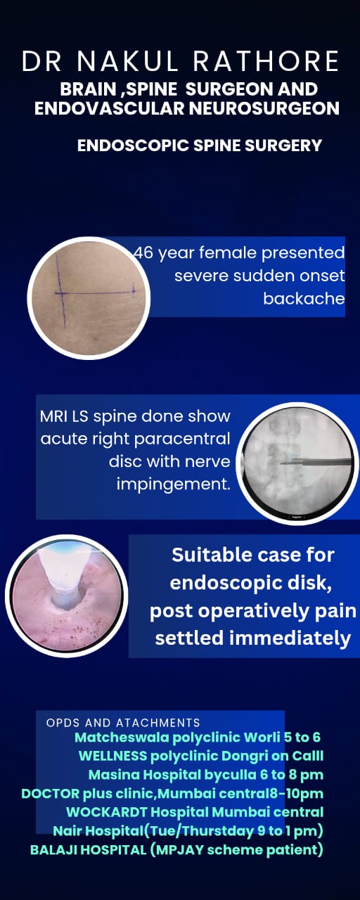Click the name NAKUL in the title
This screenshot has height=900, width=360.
127,61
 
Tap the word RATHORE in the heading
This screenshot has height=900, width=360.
266,61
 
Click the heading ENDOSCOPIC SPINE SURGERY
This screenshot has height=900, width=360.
200,146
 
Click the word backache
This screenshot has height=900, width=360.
304,299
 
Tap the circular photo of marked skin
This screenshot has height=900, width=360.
89,297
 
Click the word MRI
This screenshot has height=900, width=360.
54,416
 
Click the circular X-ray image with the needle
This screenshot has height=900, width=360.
297,463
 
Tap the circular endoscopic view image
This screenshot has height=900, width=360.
67,596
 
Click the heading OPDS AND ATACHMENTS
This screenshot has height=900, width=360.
123,724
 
